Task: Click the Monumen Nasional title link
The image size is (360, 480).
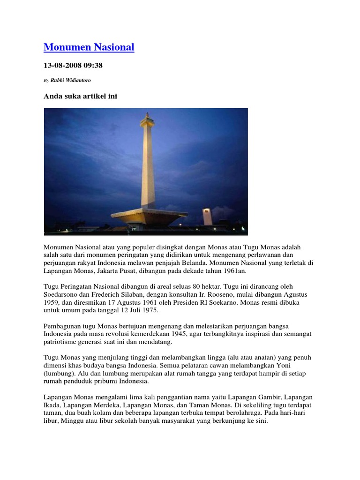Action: point(89,47)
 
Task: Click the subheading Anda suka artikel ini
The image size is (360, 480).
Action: point(80,96)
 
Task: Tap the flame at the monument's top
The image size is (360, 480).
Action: point(147,115)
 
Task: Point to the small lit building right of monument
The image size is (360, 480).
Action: point(207,217)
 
